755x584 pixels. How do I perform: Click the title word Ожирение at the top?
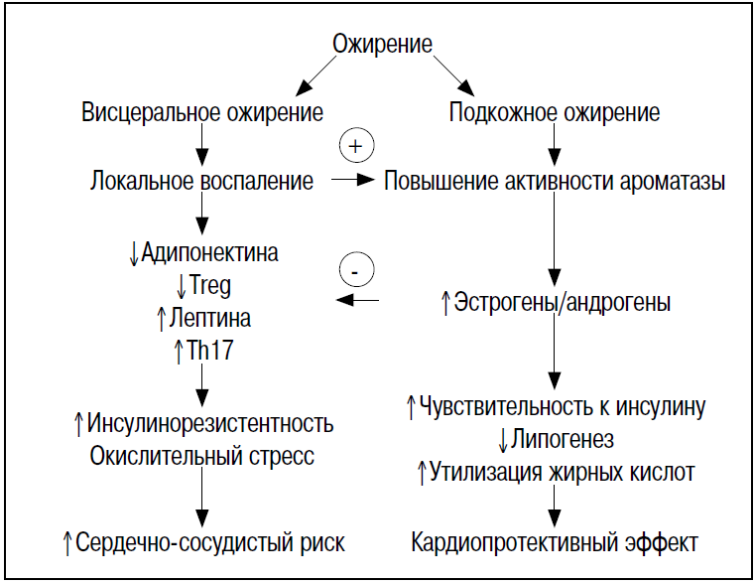tap(382, 44)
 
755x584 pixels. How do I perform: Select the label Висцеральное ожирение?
tap(202, 112)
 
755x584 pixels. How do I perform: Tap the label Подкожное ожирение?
tap(555, 112)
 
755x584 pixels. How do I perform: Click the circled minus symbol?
tap(356, 269)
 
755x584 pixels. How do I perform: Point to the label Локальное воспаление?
tap(202, 182)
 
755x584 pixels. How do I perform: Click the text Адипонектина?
tap(209, 252)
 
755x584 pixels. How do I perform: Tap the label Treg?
tap(209, 286)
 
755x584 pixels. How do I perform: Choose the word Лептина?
tap(209, 320)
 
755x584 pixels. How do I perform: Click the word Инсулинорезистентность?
tap(210, 423)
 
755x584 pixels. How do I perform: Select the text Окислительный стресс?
tap(202, 456)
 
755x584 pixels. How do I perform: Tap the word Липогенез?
tap(563, 439)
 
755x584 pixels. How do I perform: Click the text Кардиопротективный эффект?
tap(555, 542)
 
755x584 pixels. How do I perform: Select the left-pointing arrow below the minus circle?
tap(356, 300)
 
